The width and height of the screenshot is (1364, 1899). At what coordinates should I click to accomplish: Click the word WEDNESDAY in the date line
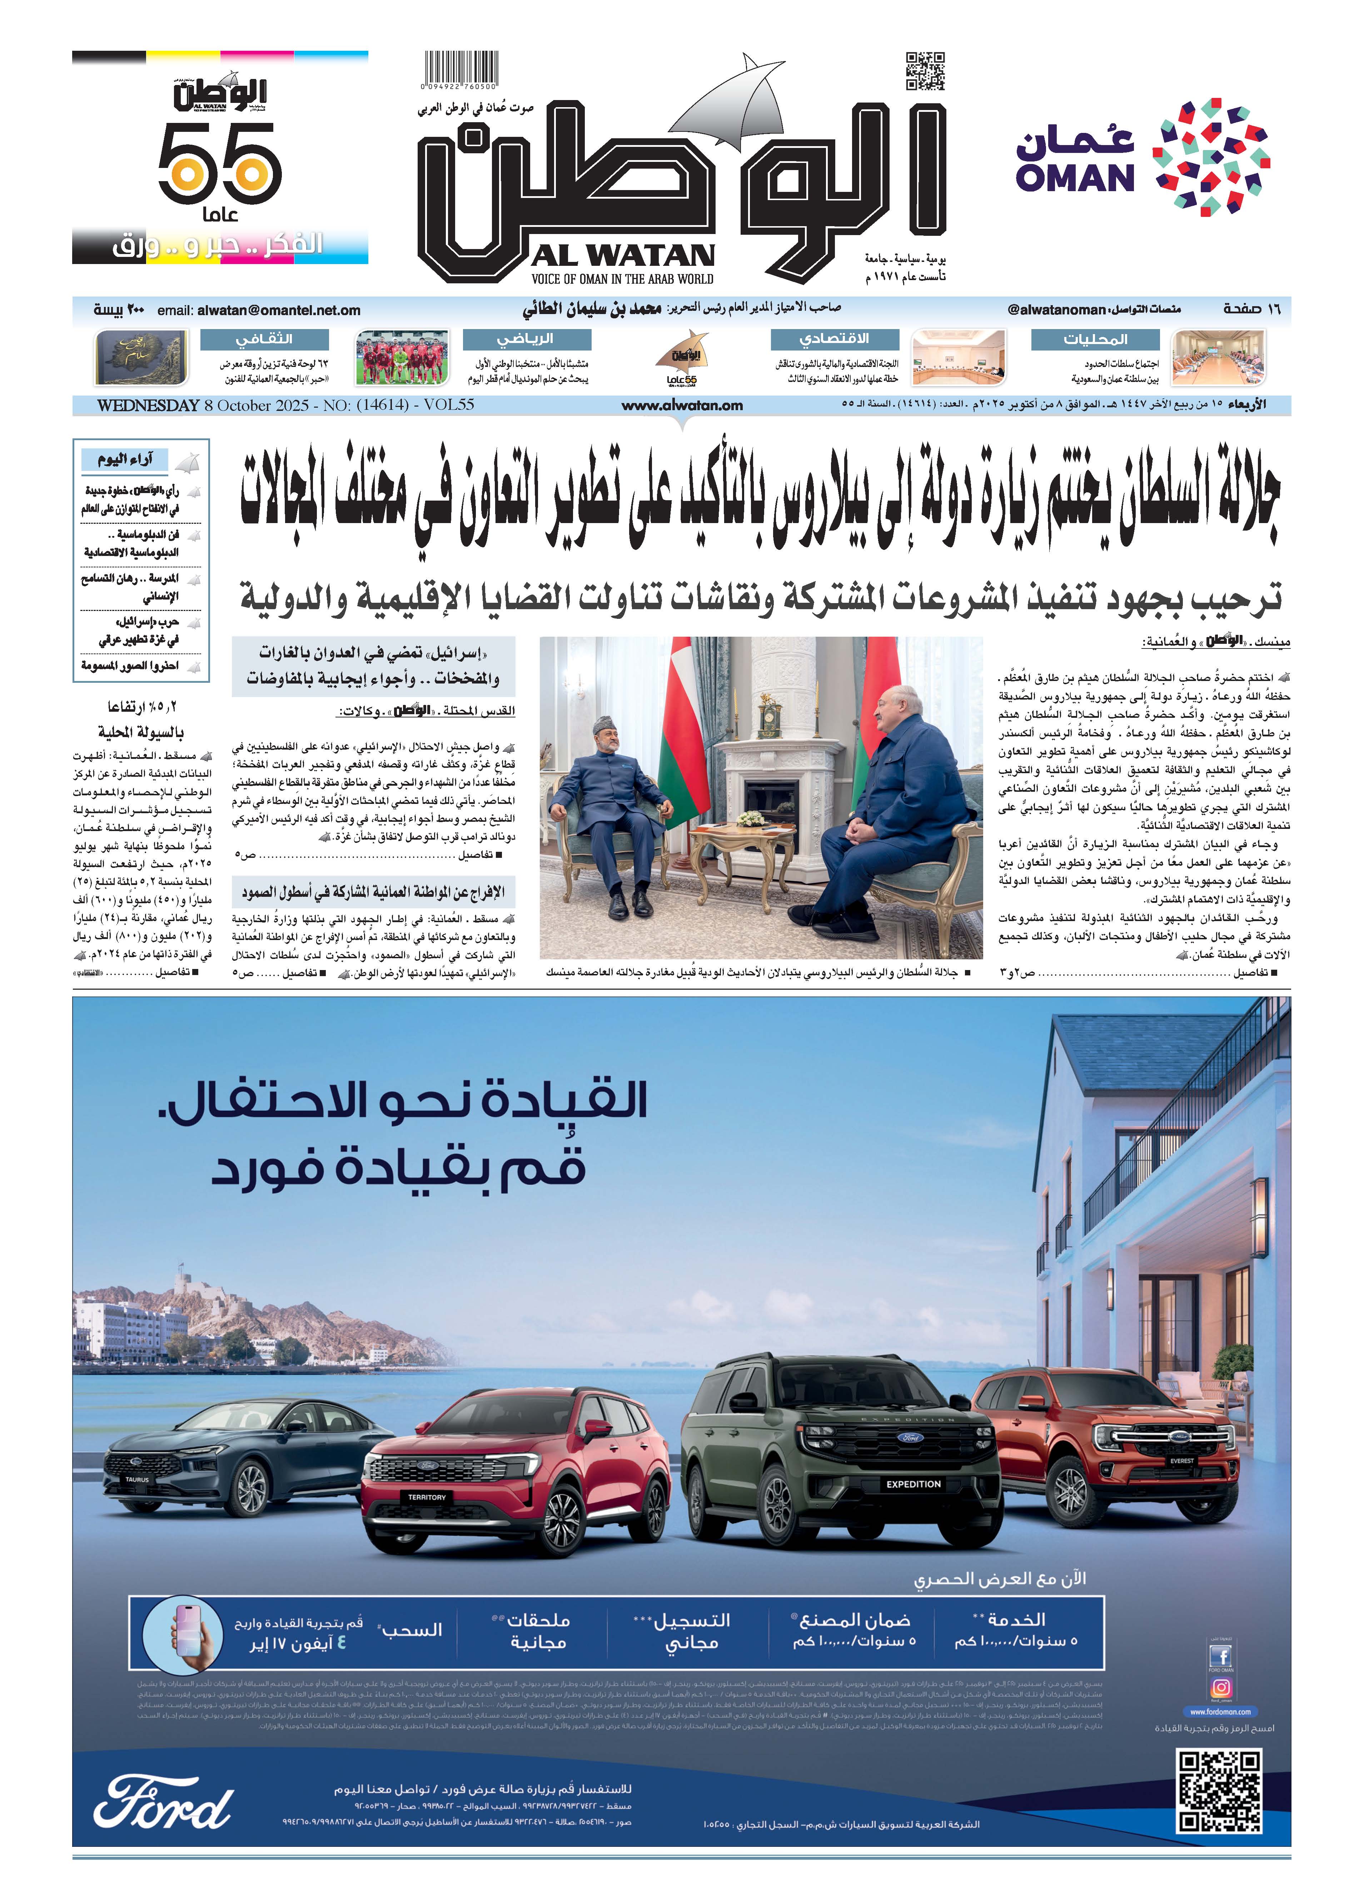(148, 405)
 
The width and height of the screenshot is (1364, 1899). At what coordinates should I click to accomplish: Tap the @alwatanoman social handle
(1057, 310)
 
